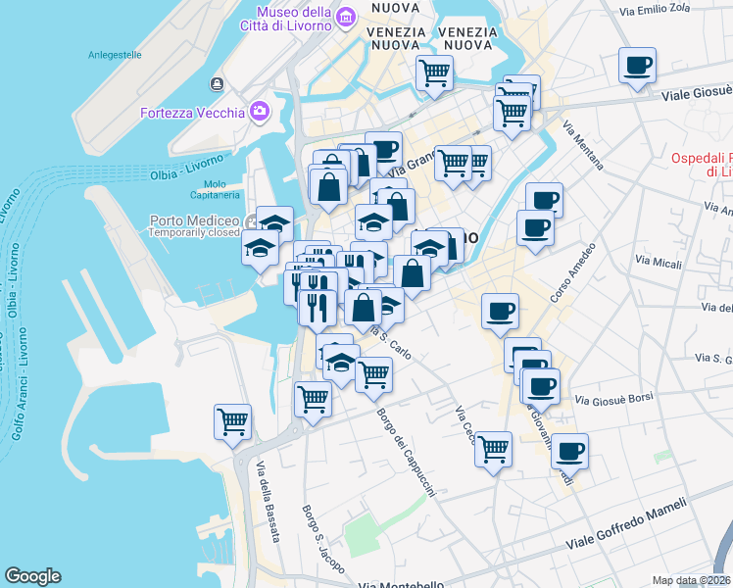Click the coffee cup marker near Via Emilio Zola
[x=637, y=67]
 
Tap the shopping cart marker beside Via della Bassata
[x=232, y=423]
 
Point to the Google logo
[x=32, y=576]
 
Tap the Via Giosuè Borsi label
[x=613, y=400]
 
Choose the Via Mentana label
[x=583, y=145]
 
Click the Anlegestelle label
[x=115, y=55]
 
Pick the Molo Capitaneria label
[x=215, y=190]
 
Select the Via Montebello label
[x=401, y=584]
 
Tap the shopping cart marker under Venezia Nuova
[x=434, y=72]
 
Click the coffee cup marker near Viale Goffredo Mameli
[x=569, y=452]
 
